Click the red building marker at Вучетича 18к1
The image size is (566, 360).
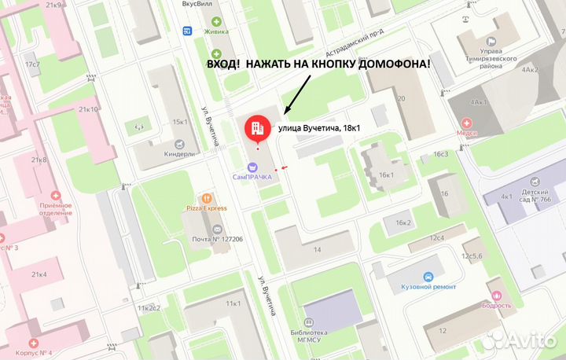pyautogui.click(x=255, y=128)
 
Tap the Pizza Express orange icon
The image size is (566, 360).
pyautogui.click(x=207, y=198)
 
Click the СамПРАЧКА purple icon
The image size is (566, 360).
pyautogui.click(x=252, y=166)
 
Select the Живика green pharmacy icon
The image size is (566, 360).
pyautogui.click(x=216, y=21)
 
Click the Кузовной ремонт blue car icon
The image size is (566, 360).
pyautogui.click(x=428, y=277)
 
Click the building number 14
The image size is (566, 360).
pyautogui.click(x=318, y=249)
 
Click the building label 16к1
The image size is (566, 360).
pyautogui.click(x=385, y=174)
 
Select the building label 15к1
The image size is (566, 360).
pyautogui.click(x=180, y=122)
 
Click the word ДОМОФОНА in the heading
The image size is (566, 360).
pyautogui.click(x=385, y=64)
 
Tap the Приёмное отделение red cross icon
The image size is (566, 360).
pyautogui.click(x=55, y=195)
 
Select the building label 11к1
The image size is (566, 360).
pyautogui.click(x=233, y=303)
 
